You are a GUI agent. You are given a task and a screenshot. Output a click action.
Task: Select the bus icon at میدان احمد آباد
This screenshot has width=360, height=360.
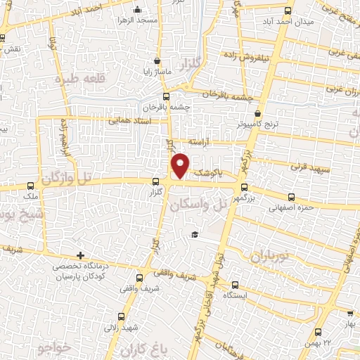click(x=288, y=11)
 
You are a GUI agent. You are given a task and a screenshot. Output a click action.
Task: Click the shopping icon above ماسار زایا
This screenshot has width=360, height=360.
click(x=157, y=61)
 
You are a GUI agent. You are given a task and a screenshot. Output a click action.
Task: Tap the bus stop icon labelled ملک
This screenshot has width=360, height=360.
click(x=30, y=186)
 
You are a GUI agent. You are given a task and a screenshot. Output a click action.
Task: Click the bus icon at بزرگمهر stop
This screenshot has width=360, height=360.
click(x=244, y=188)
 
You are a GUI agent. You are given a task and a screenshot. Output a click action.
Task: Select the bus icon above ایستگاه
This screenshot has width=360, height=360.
click(x=235, y=285)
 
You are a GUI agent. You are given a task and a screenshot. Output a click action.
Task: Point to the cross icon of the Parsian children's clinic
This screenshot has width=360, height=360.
click(x=81, y=255)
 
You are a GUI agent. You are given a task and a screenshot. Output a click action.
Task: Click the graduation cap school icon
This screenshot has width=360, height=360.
click(x=194, y=235)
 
